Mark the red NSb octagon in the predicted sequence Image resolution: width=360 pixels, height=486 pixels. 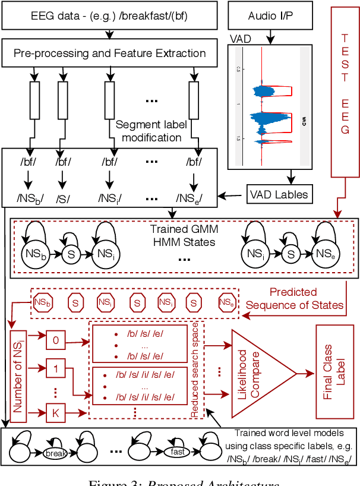pos(42,302)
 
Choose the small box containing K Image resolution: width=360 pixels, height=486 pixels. pos(56,411)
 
